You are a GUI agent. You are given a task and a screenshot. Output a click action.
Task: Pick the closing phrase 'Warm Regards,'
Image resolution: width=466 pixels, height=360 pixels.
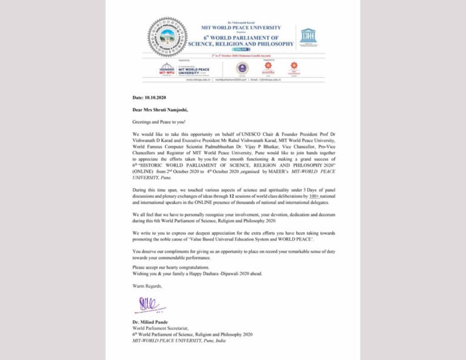click(x=146, y=285)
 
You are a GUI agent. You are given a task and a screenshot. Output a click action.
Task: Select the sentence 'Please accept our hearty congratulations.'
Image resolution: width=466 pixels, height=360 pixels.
click(x=171, y=267)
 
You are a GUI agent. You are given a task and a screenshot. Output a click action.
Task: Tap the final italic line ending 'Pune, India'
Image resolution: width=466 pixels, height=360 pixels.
click(x=179, y=341)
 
